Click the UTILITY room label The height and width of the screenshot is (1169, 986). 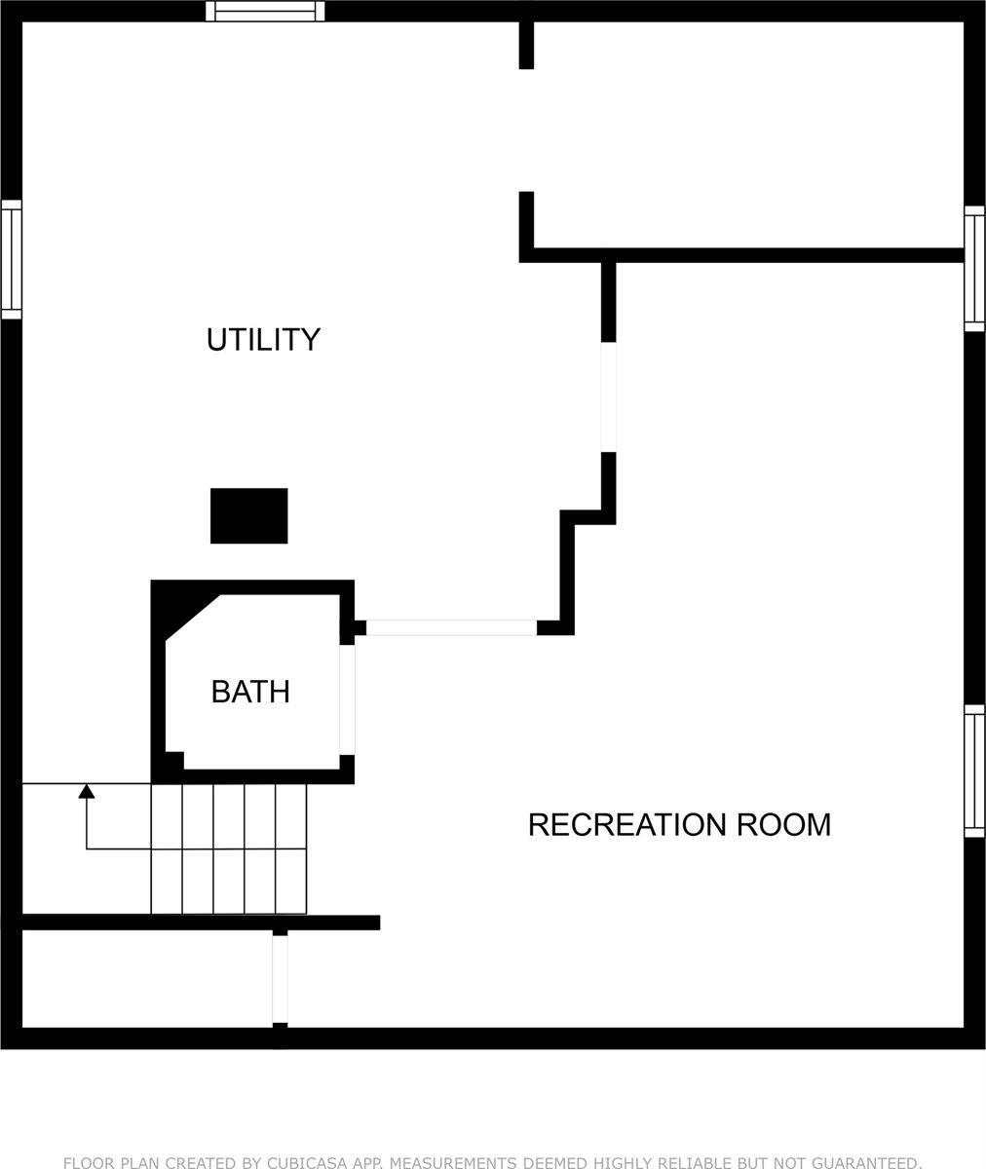(x=263, y=340)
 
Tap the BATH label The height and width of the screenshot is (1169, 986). (x=250, y=692)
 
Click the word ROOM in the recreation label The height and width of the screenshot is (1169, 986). (x=783, y=825)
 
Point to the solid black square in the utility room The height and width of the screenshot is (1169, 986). (x=249, y=515)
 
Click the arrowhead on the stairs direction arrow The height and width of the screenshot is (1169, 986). (x=86, y=790)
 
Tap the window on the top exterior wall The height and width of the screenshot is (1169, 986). (x=265, y=11)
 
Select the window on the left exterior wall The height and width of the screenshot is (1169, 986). (x=11, y=260)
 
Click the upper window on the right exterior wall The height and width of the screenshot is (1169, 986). (x=974, y=269)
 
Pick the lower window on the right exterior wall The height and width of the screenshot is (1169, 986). (x=974, y=771)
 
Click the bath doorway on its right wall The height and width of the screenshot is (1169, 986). (x=347, y=699)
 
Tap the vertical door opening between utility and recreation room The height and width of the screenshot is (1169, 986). (x=609, y=396)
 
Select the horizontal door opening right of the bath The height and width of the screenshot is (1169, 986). (x=451, y=627)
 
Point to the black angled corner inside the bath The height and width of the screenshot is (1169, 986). (x=185, y=613)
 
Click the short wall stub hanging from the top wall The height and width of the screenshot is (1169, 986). (x=526, y=45)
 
